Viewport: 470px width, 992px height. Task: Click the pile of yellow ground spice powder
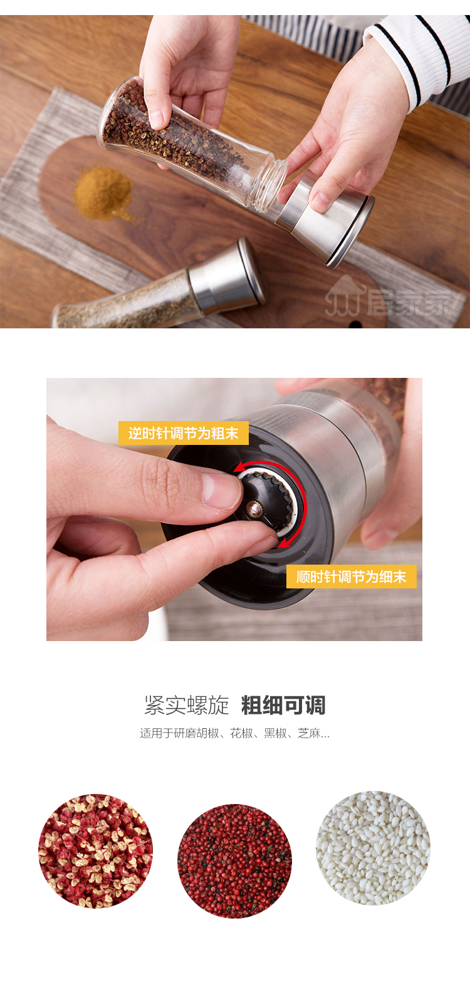[x=103, y=193]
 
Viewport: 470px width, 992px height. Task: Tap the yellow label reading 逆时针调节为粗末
[x=184, y=432]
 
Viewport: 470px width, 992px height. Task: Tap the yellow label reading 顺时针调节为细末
[x=352, y=576]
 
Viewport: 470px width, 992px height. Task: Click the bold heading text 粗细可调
[x=283, y=704]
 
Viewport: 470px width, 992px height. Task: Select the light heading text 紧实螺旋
[x=187, y=704]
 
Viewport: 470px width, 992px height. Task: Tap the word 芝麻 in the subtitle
[x=309, y=733]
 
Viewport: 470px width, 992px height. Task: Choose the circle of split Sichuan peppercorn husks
[x=96, y=851]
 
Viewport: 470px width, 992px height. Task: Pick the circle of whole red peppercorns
[x=235, y=861]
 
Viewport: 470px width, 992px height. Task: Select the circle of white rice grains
[x=373, y=848]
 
